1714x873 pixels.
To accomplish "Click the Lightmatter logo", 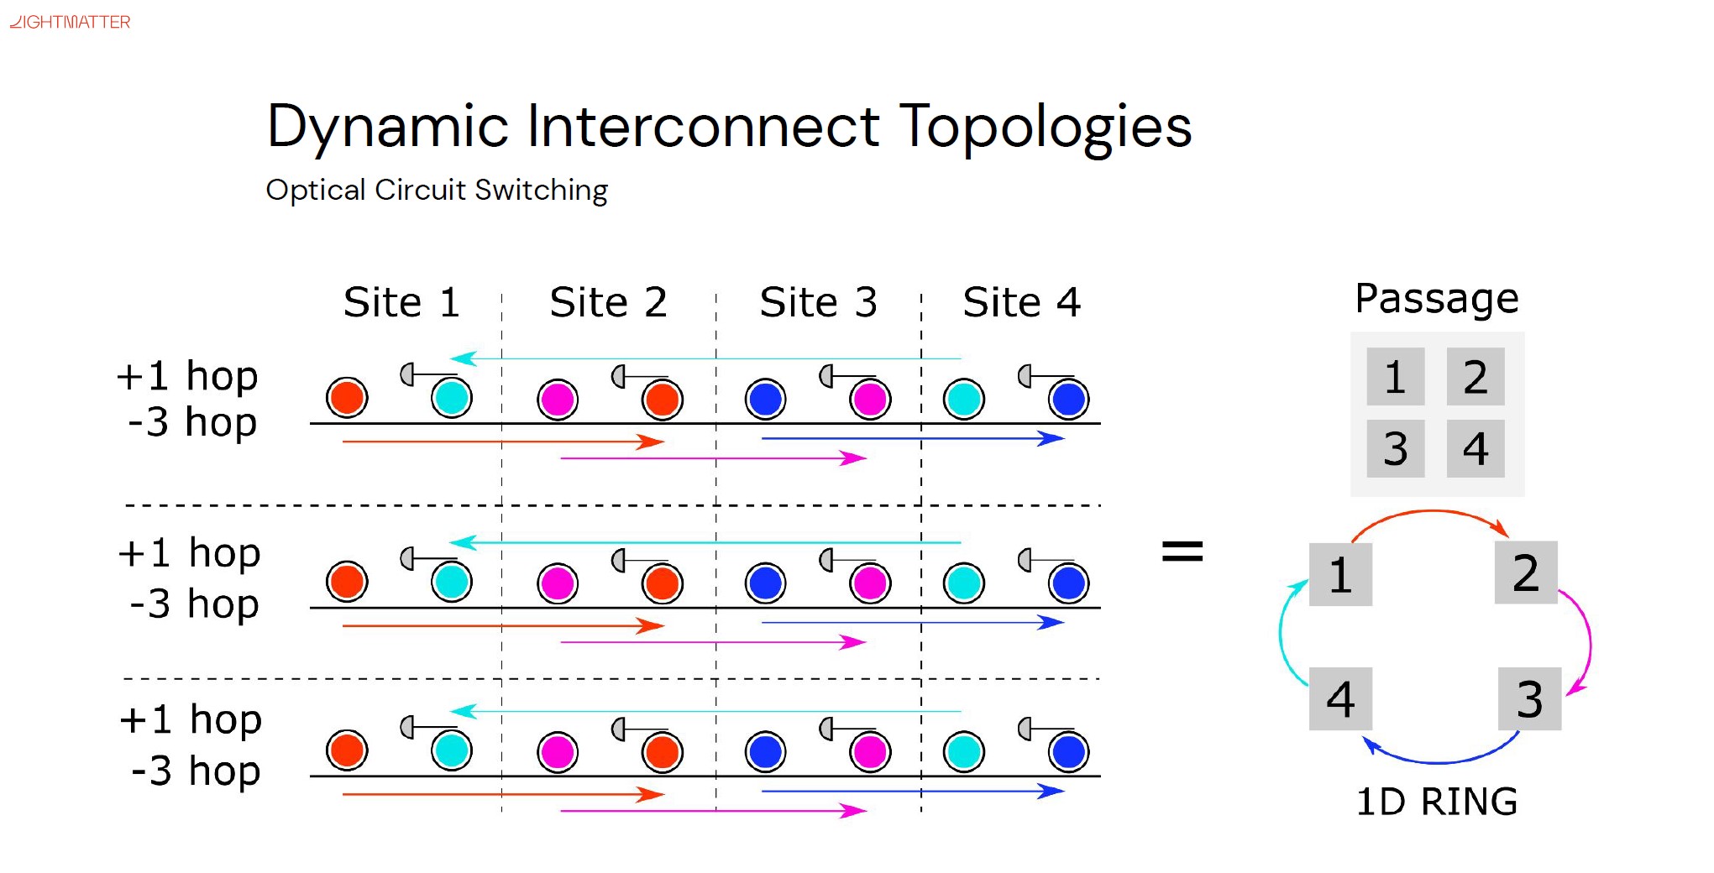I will coord(70,22).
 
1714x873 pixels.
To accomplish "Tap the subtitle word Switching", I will coord(541,191).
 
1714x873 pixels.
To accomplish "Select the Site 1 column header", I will coord(401,302).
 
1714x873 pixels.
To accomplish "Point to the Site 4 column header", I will coord(1021,302).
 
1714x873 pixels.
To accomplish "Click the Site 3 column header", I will coord(818,302).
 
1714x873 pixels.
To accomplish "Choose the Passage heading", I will coord(1436,299).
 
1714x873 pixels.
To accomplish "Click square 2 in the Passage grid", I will coord(1475,377).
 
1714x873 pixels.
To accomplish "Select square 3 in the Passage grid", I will coord(1395,448).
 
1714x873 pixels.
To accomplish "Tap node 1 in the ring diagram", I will coord(1340,575).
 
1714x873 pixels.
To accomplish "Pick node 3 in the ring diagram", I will coord(1529,698).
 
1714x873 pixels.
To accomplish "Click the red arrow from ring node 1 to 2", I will coord(1432,513).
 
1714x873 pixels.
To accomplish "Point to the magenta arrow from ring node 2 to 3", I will coord(1586,642).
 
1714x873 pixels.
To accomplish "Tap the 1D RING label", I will coord(1437,802).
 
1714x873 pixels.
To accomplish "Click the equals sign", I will coord(1182,552).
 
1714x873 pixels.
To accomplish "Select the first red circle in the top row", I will coord(347,398).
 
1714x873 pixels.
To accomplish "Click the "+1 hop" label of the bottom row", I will coord(191,719).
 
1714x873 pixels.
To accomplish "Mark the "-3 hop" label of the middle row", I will coord(194,604).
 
